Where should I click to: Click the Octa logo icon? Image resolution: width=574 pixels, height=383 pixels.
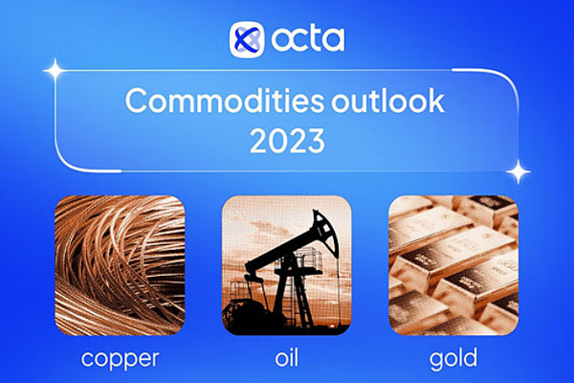247,40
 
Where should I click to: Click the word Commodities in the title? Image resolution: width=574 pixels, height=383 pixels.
225,101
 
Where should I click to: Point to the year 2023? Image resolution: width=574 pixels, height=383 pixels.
287,141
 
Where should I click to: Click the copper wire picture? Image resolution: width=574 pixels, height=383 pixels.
120,265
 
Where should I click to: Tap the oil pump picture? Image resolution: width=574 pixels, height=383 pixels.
287,265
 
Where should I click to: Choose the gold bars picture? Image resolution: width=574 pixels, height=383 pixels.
453,265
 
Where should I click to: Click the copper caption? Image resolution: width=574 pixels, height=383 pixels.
121,359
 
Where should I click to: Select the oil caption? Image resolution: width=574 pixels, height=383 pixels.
287,357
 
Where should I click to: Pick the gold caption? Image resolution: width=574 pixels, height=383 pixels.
453,358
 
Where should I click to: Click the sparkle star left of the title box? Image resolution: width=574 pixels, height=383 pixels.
55,70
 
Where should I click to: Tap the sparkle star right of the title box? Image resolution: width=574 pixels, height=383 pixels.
519,171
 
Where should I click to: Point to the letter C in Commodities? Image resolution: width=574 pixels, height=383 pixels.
137,101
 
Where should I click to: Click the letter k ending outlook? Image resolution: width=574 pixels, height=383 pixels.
437,100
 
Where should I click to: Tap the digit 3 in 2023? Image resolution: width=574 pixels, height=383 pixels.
315,141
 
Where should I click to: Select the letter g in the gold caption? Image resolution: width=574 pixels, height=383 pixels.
437,361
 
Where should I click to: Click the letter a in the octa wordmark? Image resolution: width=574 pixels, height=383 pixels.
335,40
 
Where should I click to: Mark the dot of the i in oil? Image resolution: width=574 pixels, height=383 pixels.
287,350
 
